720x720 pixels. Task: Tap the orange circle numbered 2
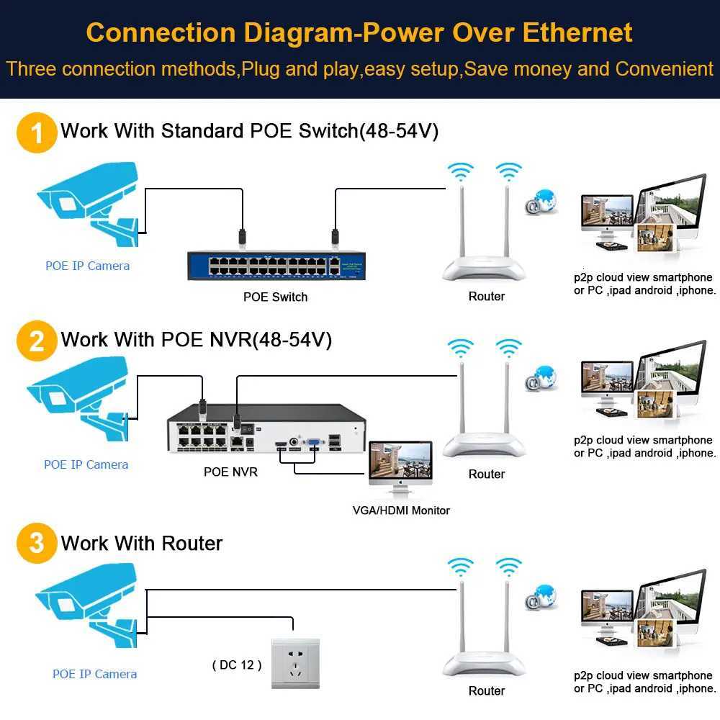tap(36, 341)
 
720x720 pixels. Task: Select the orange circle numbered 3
tap(36, 543)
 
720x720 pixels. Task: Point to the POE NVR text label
tap(230, 472)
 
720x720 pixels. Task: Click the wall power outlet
tap(294, 663)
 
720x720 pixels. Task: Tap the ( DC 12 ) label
tap(237, 665)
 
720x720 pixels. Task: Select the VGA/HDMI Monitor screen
tap(400, 464)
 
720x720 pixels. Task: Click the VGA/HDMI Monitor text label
tap(401, 510)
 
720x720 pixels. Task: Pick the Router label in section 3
tap(487, 690)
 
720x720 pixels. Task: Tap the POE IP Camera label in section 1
tap(88, 266)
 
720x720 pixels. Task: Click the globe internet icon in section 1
tap(542, 202)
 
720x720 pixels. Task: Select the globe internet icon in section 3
tap(542, 598)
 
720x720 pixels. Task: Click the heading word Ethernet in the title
tap(577, 33)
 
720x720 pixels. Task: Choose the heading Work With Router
tap(142, 543)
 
